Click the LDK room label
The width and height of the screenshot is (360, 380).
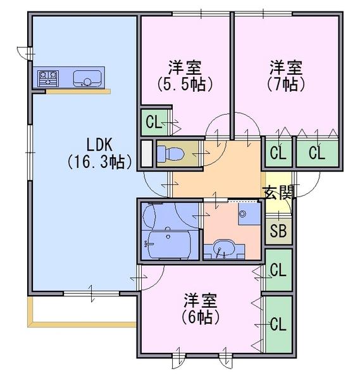(x=99, y=144)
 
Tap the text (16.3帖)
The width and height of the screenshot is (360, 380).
(x=99, y=161)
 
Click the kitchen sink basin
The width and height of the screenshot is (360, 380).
(x=87, y=79)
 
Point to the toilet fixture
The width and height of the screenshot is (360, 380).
(x=171, y=154)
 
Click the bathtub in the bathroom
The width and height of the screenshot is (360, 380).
(x=166, y=244)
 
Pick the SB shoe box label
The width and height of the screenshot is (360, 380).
(x=278, y=231)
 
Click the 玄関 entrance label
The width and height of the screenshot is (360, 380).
(x=278, y=193)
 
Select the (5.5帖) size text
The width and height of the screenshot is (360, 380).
(x=185, y=84)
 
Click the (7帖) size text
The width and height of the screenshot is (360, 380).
(x=286, y=84)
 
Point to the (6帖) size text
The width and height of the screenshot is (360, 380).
(x=201, y=317)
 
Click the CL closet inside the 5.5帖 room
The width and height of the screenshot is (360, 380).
(x=154, y=122)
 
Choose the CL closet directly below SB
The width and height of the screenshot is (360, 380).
(x=278, y=270)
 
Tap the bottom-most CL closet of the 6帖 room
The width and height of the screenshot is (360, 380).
(x=278, y=324)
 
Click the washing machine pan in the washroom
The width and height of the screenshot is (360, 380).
(x=249, y=213)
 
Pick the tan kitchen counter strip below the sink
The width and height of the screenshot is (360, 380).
(x=78, y=92)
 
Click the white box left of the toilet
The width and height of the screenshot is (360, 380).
(x=147, y=154)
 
